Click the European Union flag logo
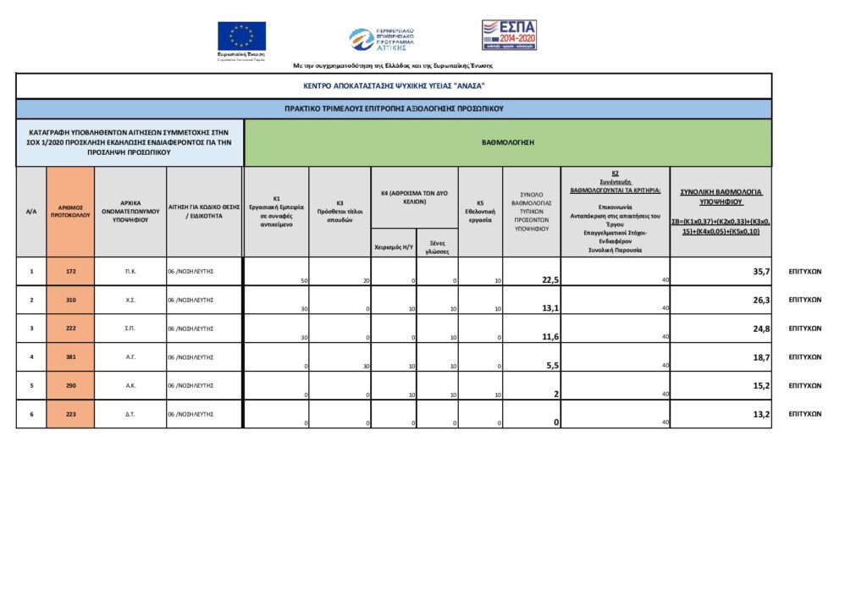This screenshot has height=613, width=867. click(x=241, y=36)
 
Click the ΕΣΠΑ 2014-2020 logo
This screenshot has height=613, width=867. click(x=509, y=35)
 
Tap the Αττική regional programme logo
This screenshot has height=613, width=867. click(x=382, y=39)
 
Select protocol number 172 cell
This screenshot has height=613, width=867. click(x=70, y=272)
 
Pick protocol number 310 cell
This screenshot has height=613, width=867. click(x=70, y=300)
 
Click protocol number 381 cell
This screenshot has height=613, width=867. click(x=70, y=357)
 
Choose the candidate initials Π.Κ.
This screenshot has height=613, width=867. click(x=130, y=272)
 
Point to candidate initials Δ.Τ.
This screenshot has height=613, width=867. click(x=130, y=414)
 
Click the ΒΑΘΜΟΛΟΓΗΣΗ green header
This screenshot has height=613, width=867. click(x=507, y=143)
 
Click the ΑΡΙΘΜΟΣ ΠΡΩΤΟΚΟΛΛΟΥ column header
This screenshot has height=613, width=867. click(x=70, y=212)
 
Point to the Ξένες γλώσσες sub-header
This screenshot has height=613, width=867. click(x=437, y=246)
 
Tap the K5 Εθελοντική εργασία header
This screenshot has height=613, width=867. click(x=480, y=212)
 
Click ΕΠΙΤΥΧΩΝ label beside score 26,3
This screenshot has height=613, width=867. click(x=805, y=300)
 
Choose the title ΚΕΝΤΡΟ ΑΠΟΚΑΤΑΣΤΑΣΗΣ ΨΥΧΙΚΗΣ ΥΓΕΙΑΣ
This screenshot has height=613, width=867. click(x=394, y=86)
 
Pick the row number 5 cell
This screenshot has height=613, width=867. click(x=31, y=386)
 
